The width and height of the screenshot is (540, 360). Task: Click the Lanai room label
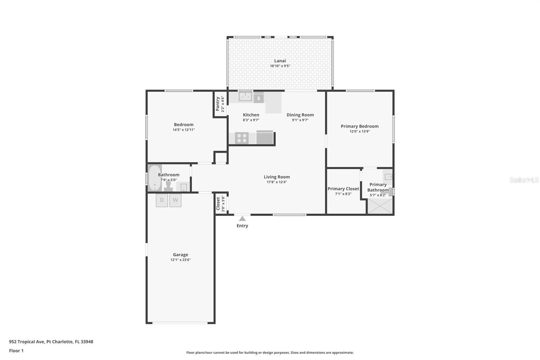point(280,61)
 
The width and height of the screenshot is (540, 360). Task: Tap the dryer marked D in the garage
point(162,200)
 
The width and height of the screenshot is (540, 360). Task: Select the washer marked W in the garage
point(175,200)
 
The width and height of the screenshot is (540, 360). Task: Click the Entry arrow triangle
point(242,218)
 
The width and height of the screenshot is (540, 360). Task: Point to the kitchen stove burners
point(242,138)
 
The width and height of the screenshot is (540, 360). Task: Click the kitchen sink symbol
point(245,96)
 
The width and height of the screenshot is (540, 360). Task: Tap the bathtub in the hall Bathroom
point(155,178)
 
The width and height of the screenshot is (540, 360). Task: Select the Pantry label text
point(218,104)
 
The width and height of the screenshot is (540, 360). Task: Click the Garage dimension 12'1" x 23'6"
point(181,260)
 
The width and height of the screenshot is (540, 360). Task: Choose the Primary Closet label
point(343,189)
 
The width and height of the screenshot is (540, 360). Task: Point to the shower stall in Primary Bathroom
point(380,206)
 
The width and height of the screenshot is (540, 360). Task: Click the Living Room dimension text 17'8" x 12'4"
point(277,182)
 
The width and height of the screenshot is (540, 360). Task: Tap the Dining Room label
point(300,115)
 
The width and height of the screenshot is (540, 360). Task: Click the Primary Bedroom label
point(360,126)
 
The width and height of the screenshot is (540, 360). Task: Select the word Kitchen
point(251,115)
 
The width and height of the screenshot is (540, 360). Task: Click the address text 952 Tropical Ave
point(27,342)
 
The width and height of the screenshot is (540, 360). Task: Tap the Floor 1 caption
point(17,351)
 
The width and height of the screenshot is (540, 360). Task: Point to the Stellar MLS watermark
point(524,180)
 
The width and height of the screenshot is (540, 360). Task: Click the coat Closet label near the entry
point(218,204)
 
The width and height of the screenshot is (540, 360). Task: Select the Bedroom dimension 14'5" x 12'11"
point(184,130)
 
